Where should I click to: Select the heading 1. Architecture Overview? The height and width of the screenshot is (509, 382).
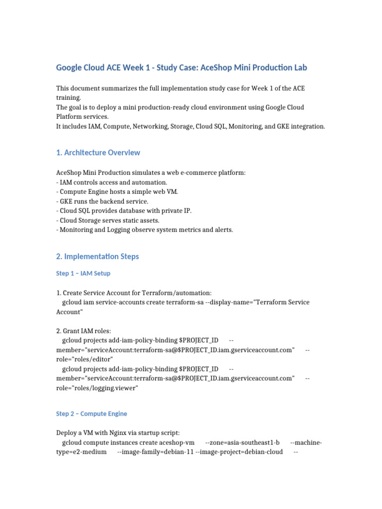[x=98, y=153]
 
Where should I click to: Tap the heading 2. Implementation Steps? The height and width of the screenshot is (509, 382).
[x=97, y=256]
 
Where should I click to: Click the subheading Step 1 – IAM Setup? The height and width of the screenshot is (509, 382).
[x=83, y=273]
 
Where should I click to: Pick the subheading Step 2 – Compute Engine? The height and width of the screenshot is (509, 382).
[x=92, y=414]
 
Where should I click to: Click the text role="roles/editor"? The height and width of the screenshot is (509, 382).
[x=85, y=359]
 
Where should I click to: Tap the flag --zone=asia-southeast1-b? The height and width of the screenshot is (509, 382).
[x=242, y=442]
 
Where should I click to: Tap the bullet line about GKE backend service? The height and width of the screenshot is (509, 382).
[x=102, y=201]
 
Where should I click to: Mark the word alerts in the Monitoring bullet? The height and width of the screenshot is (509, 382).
[x=223, y=230]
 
